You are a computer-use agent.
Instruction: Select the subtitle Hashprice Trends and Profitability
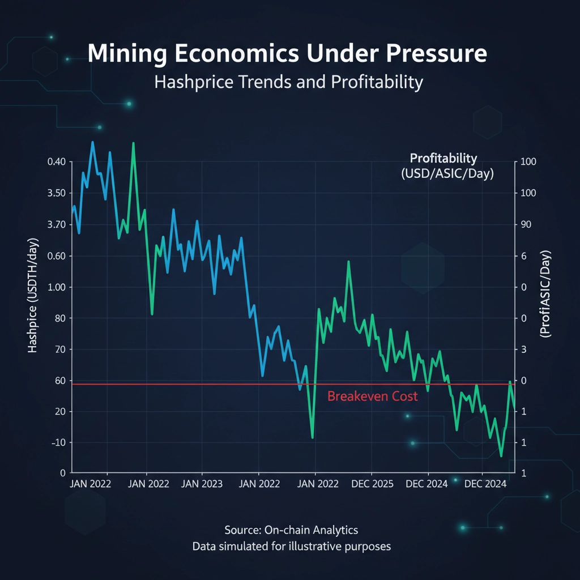(x=289, y=82)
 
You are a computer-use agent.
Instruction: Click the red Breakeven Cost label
(x=372, y=396)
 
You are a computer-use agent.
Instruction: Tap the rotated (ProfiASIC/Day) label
(x=547, y=295)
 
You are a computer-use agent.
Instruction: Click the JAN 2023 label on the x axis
(x=203, y=484)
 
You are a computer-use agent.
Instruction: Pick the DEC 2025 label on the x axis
(x=372, y=484)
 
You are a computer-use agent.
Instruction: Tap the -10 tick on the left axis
(x=57, y=442)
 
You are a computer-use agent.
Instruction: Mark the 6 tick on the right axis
(x=523, y=256)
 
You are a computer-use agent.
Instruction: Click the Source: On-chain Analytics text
(x=291, y=530)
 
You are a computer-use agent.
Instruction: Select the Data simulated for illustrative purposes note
(x=291, y=547)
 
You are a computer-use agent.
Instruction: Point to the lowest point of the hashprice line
(x=501, y=455)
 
